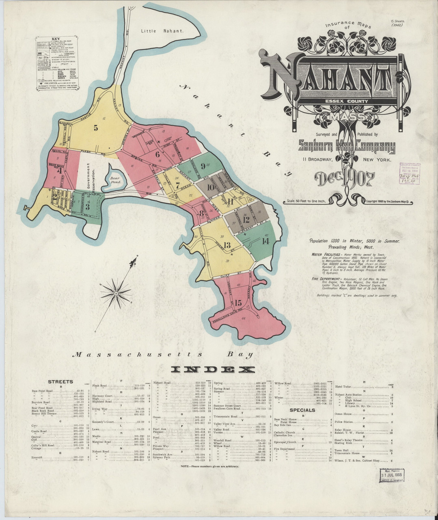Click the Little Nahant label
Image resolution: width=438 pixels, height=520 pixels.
coord(162,30)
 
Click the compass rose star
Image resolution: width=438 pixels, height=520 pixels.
coord(116,292)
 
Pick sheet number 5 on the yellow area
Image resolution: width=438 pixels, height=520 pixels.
coord(96,128)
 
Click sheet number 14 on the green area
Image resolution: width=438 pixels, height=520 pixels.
coord(265,241)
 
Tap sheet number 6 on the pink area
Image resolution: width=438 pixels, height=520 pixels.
coord(158,154)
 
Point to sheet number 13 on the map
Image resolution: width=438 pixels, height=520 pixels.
coord(227,245)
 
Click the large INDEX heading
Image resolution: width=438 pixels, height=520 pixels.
coord(213,369)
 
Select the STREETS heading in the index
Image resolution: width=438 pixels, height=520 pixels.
coord(60,381)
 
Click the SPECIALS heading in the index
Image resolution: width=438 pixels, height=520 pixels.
coord(303,410)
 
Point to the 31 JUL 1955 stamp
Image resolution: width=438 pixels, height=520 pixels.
coord(392,474)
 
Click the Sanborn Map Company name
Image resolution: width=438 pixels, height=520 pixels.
coord(346,147)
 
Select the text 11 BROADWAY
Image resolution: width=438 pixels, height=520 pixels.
coord(317,160)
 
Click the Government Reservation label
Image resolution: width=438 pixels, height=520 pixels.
coord(91,179)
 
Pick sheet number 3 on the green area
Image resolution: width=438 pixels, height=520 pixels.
coord(87,207)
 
